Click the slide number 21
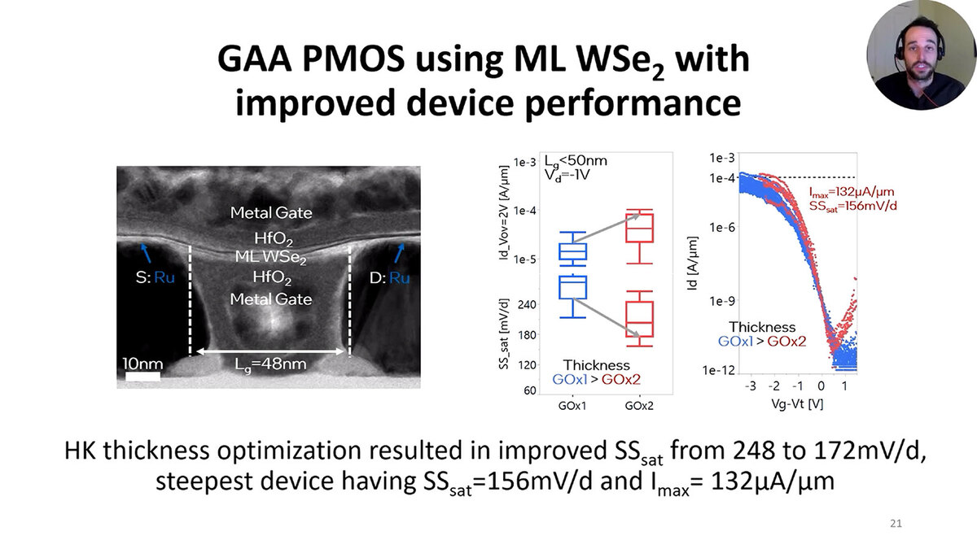pyautogui.click(x=896, y=523)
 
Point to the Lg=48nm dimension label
pyautogui.click(x=269, y=364)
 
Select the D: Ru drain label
pyautogui.click(x=389, y=277)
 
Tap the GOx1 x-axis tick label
pyautogui.click(x=574, y=405)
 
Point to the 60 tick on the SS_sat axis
pyautogui.click(x=529, y=391)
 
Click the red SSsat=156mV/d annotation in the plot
pyautogui.click(x=853, y=207)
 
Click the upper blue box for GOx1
pyautogui.click(x=574, y=252)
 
